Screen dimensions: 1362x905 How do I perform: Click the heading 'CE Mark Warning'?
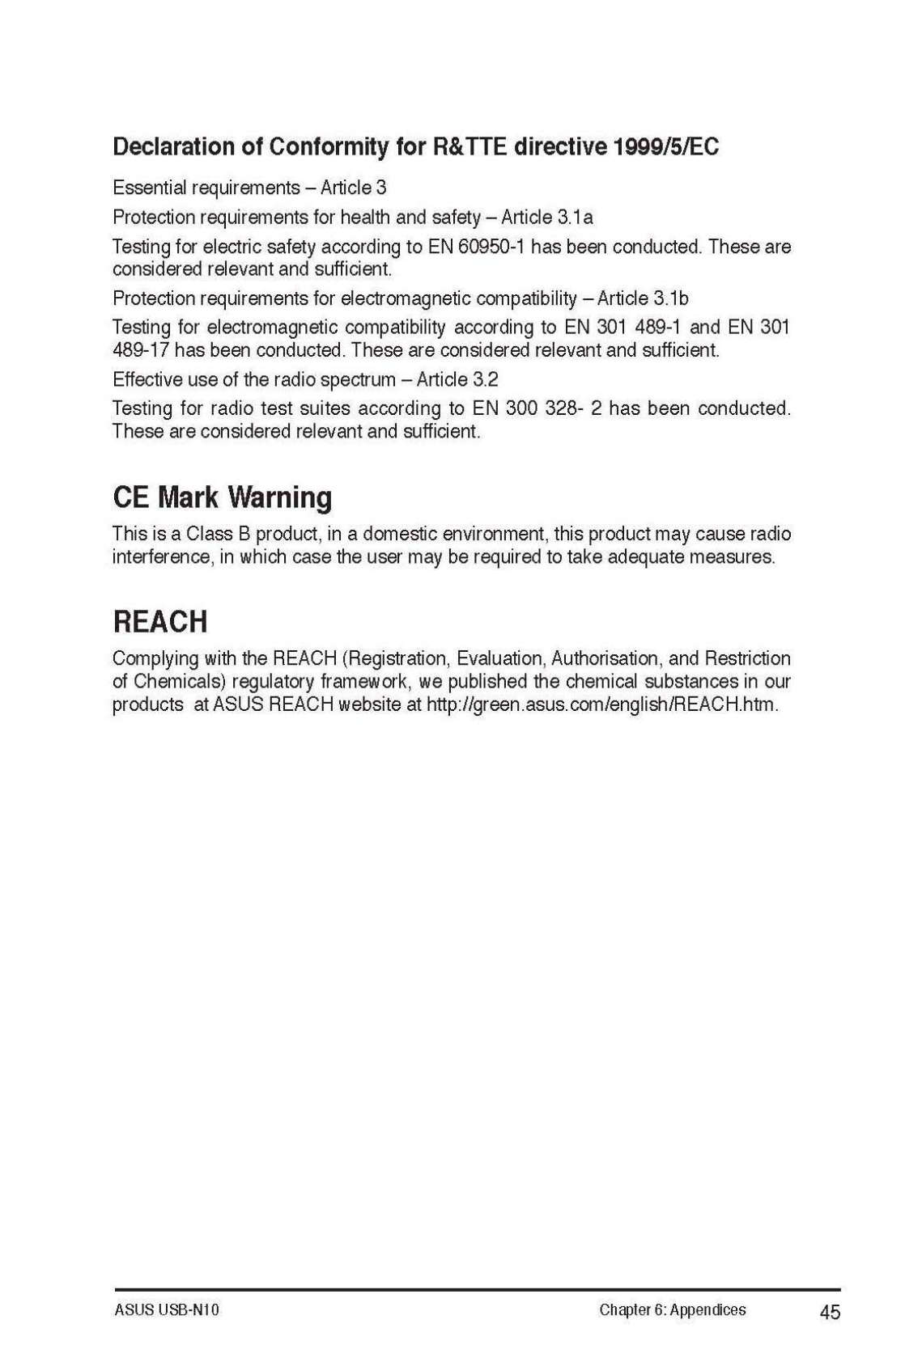click(222, 497)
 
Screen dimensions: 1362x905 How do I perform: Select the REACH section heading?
click(160, 621)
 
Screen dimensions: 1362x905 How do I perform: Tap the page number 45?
click(830, 1312)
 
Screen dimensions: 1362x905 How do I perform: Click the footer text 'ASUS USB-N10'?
click(167, 1310)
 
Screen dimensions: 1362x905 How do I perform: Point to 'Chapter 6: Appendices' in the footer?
click(673, 1310)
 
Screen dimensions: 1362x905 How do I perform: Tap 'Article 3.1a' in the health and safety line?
click(547, 218)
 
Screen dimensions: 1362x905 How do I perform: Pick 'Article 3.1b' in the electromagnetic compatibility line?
click(643, 298)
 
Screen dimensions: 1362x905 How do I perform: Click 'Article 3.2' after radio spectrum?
click(457, 379)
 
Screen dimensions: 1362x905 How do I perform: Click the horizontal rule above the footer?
click(477, 1289)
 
